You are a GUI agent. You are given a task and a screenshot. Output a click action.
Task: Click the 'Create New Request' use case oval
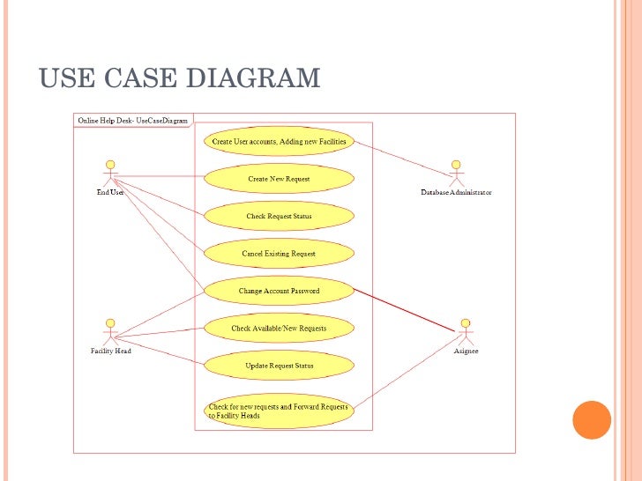[279, 179]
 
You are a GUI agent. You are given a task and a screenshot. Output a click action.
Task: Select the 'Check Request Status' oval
[279, 216]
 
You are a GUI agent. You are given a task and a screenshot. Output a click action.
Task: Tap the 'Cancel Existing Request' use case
[279, 254]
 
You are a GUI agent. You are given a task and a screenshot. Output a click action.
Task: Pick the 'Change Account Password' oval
[279, 291]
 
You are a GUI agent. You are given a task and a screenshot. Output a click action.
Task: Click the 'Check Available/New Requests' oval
[279, 329]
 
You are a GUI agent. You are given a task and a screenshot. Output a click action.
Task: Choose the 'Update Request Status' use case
[279, 366]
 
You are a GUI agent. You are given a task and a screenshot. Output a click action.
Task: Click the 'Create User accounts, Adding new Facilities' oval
[279, 142]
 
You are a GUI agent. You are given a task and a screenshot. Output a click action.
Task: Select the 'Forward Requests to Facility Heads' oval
[279, 411]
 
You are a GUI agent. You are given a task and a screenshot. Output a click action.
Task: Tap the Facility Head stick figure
[110, 330]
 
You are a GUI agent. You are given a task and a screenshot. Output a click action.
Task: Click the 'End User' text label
[110, 192]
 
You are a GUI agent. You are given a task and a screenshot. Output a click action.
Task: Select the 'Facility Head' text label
[110, 351]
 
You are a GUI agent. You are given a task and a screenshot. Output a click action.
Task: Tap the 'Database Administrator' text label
[456, 192]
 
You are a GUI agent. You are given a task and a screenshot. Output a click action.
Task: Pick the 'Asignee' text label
[465, 351]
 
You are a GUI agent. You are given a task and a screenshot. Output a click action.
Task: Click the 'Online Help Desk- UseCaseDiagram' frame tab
[132, 121]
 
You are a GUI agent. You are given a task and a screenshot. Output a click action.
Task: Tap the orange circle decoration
[592, 420]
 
